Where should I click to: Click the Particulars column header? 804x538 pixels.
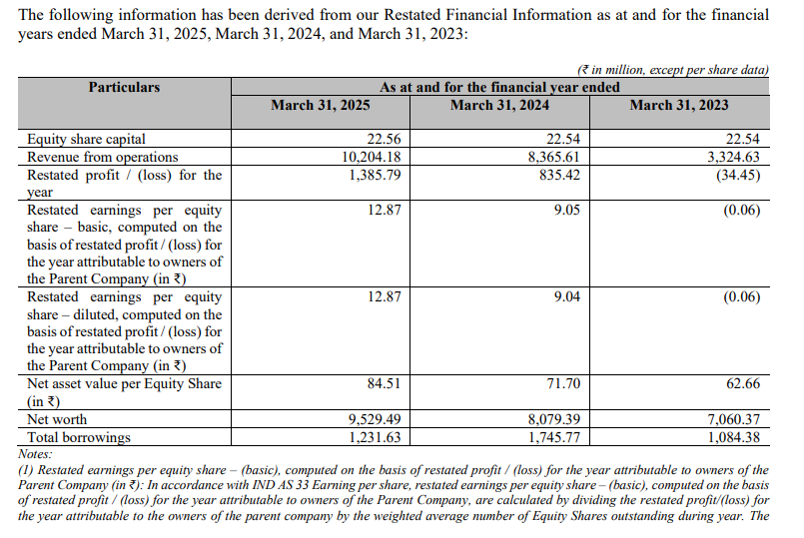point(124,87)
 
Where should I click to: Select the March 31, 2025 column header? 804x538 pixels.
point(321,105)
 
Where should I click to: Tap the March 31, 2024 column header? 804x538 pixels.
point(500,105)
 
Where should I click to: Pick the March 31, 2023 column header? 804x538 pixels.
point(679,105)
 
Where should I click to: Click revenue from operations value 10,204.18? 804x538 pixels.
point(372,157)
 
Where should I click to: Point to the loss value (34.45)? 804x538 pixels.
point(738,176)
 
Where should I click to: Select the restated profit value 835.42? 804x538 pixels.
point(560,176)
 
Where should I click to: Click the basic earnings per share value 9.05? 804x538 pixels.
point(567,210)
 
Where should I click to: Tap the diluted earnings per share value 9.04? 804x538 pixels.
point(567,297)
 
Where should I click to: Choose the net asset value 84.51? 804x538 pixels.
point(385,383)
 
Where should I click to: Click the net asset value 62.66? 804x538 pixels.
point(743,383)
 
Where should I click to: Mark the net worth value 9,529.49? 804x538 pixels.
point(375,419)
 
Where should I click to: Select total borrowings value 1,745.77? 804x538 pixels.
point(554,437)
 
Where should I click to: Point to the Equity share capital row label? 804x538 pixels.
point(86,140)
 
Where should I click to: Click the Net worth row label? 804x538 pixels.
point(57,419)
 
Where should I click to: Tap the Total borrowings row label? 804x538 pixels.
point(79,437)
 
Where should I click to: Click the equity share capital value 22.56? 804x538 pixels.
point(385,140)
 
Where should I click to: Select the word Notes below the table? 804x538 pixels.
point(35,454)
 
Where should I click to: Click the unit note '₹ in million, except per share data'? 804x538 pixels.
point(673,70)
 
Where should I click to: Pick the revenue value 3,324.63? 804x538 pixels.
point(734,157)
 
